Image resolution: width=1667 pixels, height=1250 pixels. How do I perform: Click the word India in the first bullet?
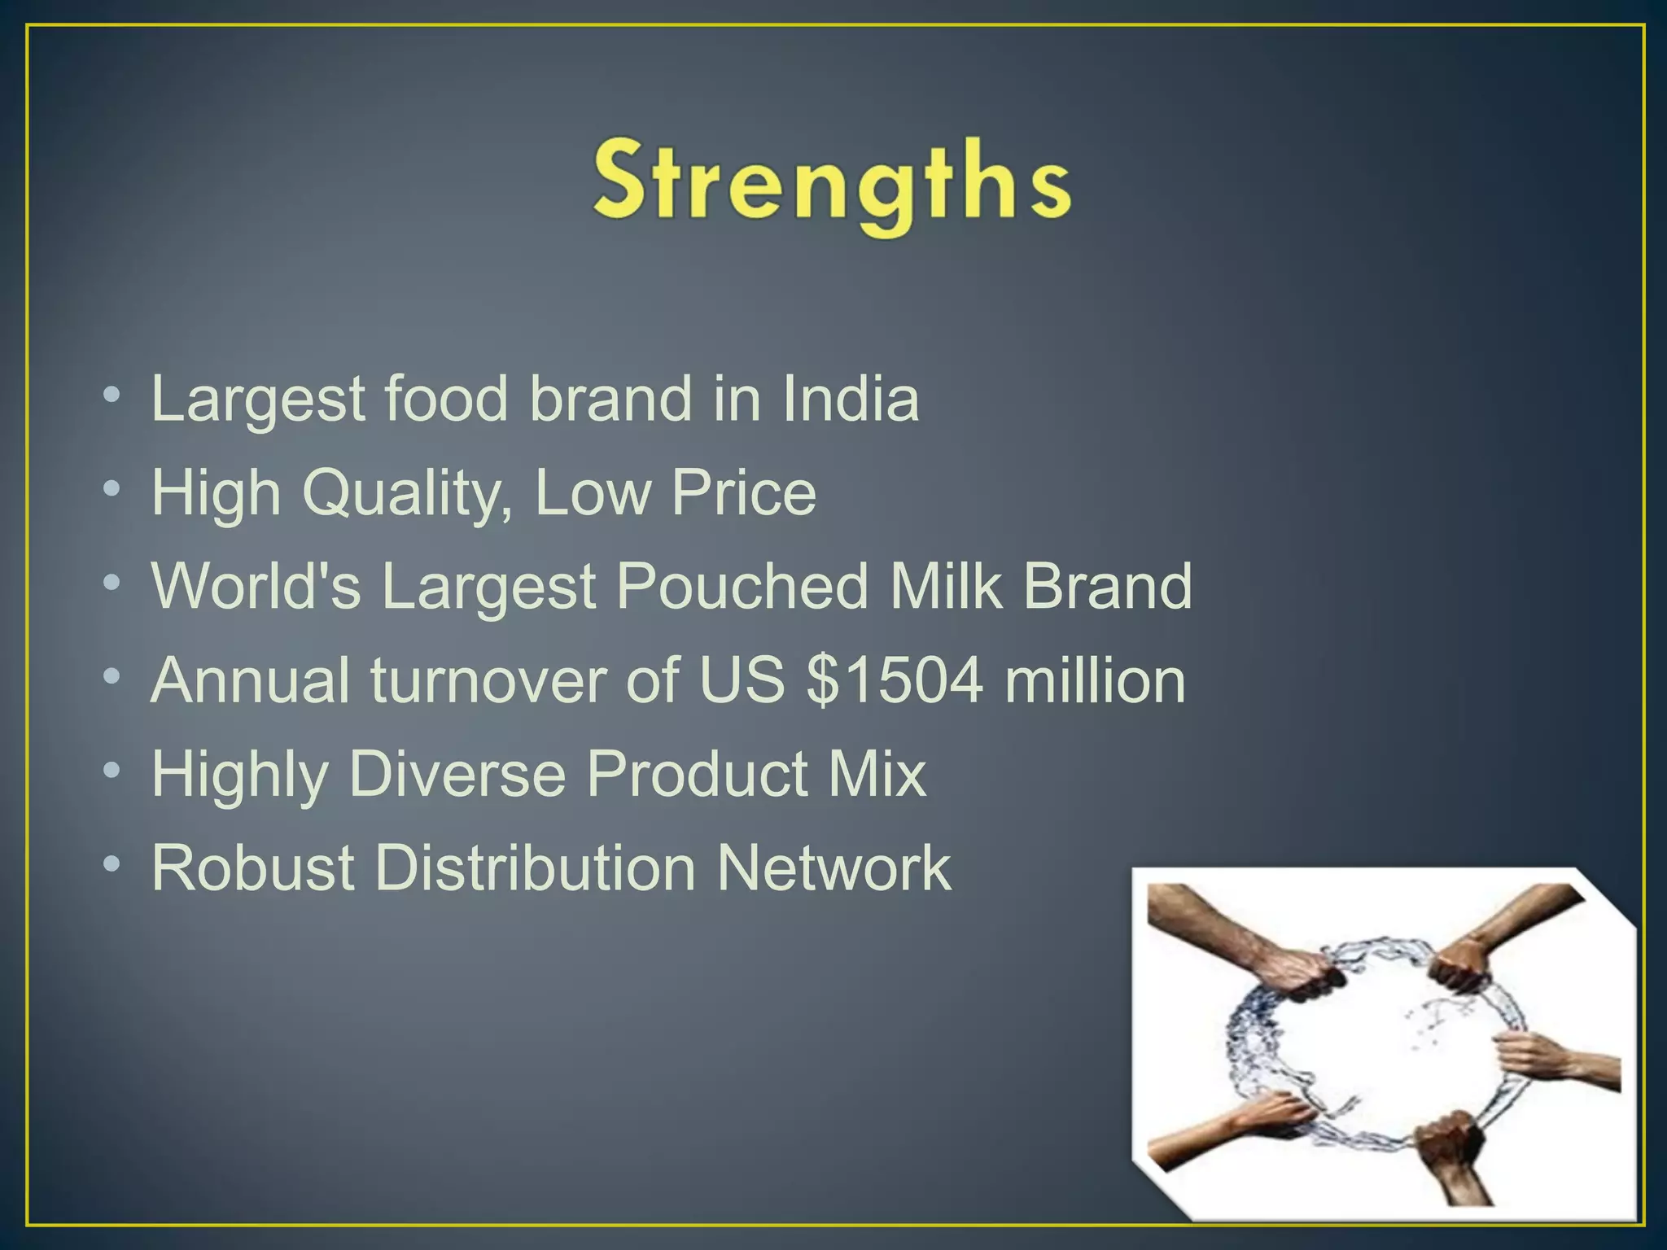[x=851, y=399]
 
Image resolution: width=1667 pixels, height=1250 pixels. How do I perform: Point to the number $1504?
[x=895, y=680]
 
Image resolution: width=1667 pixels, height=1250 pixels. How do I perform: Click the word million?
[x=1095, y=680]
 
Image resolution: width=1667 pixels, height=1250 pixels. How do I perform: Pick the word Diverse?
[x=457, y=774]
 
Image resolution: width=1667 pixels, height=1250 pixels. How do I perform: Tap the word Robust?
[x=253, y=868]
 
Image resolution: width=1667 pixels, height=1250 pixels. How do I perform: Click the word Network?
[x=833, y=868]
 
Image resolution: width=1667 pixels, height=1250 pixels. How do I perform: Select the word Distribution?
[x=535, y=868]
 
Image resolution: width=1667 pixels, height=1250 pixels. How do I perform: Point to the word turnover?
[x=488, y=680]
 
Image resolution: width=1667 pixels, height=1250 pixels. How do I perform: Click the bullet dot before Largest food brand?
[x=112, y=396]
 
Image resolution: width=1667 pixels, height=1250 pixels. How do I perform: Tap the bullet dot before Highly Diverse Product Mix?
[x=112, y=770]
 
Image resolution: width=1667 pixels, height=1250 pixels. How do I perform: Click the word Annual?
[x=251, y=680]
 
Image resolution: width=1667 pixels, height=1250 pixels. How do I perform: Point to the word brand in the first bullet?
[x=610, y=399]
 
